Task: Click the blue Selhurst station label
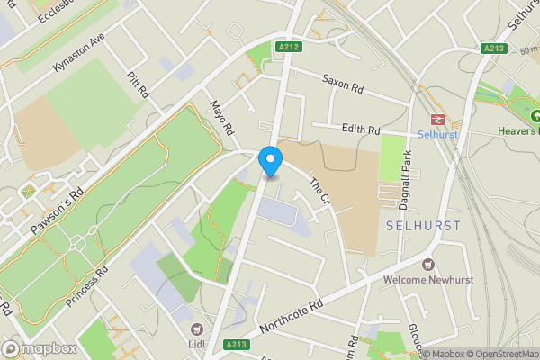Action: (439, 134)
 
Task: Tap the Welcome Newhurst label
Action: (427, 279)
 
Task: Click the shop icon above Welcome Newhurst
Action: (427, 265)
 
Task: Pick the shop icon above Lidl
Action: (197, 329)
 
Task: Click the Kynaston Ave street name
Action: (79, 57)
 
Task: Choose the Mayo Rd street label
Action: (222, 117)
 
